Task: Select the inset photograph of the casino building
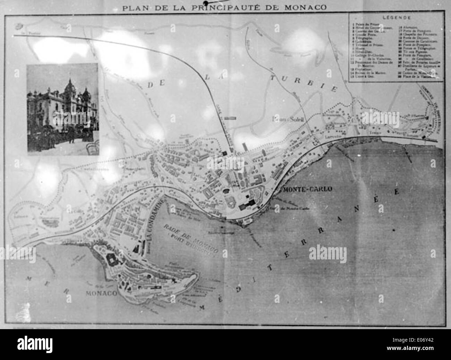coord(63,109)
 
